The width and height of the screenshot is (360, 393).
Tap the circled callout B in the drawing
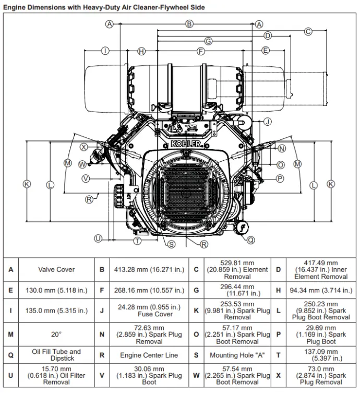[189, 24]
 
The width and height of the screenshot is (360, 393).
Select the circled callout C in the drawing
[308, 31]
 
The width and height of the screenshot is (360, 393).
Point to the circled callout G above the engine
[208, 41]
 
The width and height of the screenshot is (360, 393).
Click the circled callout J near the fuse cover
[267, 122]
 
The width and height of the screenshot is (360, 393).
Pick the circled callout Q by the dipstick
[251, 240]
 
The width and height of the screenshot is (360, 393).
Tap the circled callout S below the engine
[171, 244]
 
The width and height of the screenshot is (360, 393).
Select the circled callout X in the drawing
[83, 148]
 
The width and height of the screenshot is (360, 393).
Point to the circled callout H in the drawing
[141, 51]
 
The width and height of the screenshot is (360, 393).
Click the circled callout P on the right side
[280, 178]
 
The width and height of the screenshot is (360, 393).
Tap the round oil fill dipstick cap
[242, 228]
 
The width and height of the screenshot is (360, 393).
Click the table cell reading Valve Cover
[56, 270]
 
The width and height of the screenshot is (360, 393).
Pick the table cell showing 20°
[56, 334]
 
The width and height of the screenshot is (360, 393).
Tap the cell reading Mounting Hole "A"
[237, 355]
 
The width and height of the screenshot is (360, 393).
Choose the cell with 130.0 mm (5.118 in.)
[56, 290]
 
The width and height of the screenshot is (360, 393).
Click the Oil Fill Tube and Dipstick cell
[56, 355]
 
